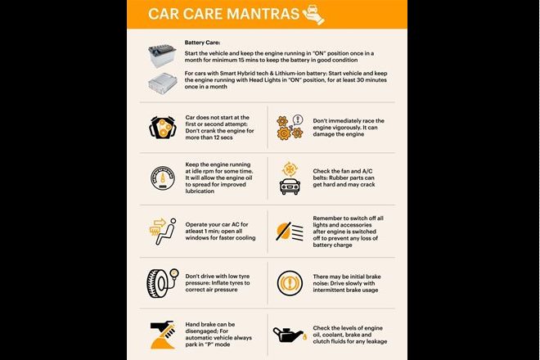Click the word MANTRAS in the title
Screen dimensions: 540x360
coord(263,14)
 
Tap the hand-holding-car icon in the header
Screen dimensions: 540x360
coord(313,15)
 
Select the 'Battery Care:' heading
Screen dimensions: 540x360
coord(202,43)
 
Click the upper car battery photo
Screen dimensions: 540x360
coord(162,56)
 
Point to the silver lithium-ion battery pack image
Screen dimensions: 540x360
coord(162,83)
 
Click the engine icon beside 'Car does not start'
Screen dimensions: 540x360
coord(162,128)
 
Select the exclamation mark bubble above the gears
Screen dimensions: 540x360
coord(298,120)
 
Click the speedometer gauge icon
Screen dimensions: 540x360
coord(163,178)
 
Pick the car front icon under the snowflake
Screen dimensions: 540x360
coord(290,187)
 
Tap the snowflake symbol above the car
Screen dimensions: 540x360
coord(290,169)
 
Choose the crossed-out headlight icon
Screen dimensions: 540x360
coord(290,232)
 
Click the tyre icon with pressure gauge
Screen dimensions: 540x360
coord(163,283)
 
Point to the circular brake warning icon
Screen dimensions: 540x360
coord(290,283)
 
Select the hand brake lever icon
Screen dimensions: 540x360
coord(162,335)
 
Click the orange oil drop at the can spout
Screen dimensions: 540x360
coord(304,336)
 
